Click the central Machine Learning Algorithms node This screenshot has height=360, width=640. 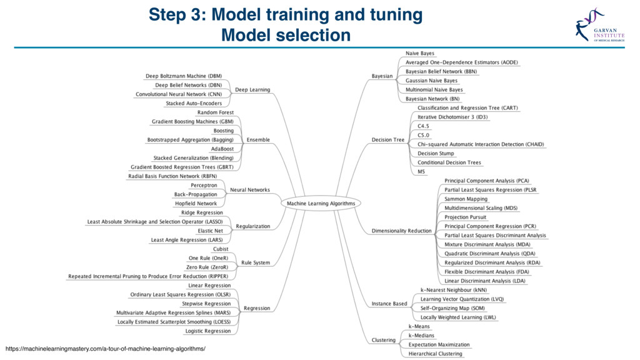click(x=320, y=203)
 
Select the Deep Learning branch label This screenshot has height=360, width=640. click(x=252, y=89)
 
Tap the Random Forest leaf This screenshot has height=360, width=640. click(x=216, y=112)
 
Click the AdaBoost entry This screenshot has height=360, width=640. click(x=222, y=149)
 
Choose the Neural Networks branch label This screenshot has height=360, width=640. click(x=250, y=189)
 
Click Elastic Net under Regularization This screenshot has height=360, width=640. click(x=211, y=231)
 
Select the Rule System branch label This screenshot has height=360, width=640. click(x=256, y=262)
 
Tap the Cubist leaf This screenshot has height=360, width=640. click(x=221, y=249)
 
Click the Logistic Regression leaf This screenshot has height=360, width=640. click(x=208, y=331)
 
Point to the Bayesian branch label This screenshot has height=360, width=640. click(x=382, y=76)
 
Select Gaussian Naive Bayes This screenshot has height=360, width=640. click(x=431, y=81)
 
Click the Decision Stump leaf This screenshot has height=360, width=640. click(x=436, y=153)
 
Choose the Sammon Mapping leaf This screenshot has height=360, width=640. click(x=466, y=199)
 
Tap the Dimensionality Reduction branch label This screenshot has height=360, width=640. click(x=401, y=231)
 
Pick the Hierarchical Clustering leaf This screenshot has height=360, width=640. click(x=436, y=354)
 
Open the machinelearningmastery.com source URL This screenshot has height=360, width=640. click(x=105, y=347)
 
